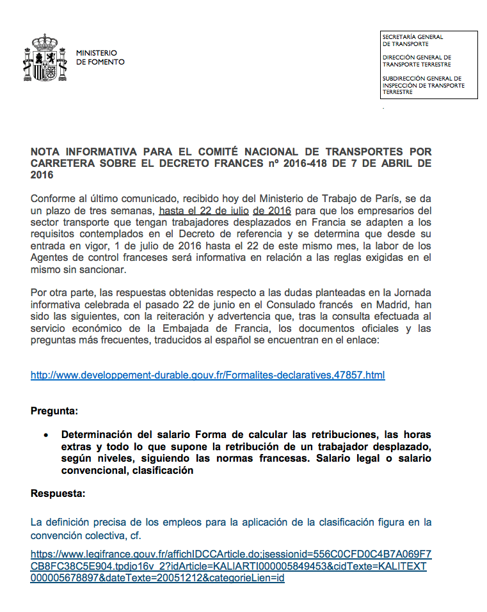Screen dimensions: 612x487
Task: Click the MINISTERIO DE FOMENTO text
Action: (100, 58)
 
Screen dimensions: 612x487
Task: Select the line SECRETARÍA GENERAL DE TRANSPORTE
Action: (413, 40)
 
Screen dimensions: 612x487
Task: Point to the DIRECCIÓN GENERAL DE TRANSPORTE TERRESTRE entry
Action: (417, 61)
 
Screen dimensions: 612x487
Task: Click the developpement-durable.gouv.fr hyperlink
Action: (207, 375)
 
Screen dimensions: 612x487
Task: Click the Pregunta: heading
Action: (54, 411)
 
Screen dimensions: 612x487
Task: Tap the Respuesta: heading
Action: (58, 494)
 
